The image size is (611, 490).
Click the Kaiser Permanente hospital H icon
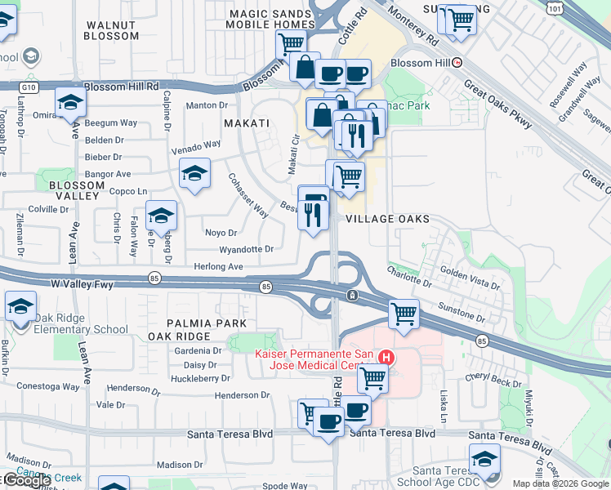pos(387,358)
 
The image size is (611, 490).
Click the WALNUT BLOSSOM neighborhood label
pos(112,31)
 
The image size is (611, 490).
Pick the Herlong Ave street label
pos(218,266)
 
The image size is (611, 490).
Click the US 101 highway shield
pos(556,7)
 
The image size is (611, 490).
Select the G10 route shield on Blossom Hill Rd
pos(30,85)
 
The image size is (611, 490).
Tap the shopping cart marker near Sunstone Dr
pos(404,313)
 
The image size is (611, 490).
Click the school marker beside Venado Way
pos(194,173)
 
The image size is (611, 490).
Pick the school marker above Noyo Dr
pos(161,216)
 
